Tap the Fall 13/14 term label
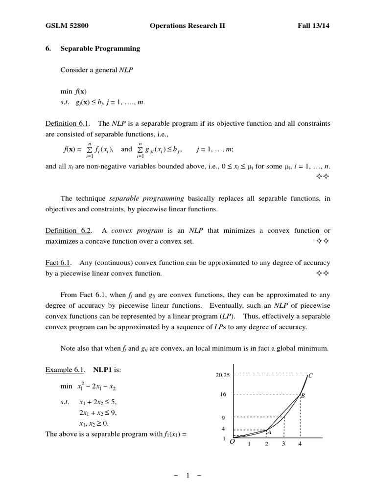point(314,25)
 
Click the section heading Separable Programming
point(100,48)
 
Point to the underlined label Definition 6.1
point(68,123)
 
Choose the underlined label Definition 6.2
point(68,230)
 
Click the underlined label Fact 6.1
point(58,263)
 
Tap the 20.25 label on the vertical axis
point(222,376)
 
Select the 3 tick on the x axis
point(283,444)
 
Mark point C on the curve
point(310,376)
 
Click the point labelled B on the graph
point(303,395)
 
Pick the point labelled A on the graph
point(269,432)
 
